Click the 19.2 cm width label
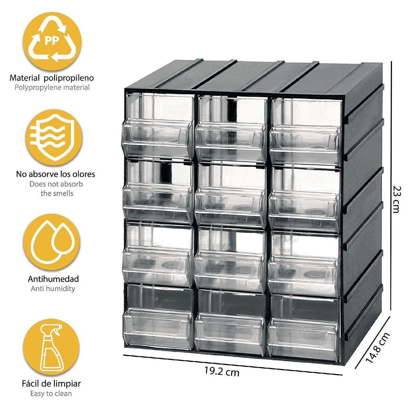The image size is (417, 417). click(x=222, y=371)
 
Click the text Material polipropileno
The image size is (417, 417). click(x=52, y=78)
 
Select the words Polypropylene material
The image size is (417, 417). click(x=52, y=88)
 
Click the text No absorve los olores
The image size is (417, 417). click(x=56, y=174)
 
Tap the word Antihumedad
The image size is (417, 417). click(x=53, y=279)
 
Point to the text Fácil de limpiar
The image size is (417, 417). click(x=51, y=384)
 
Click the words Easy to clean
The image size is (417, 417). click(x=51, y=393)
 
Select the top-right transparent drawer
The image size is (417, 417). click(x=305, y=129)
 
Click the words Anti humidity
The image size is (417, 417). click(x=53, y=288)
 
